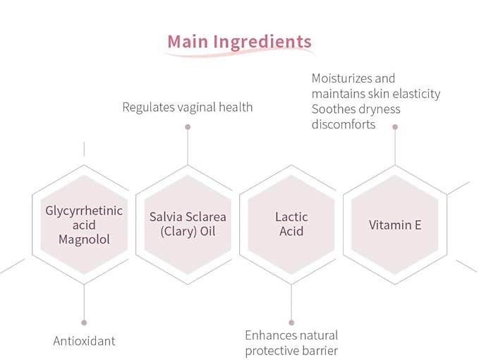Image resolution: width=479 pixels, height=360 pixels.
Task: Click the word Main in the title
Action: click(188, 41)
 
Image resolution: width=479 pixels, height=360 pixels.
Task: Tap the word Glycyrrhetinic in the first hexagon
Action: click(84, 211)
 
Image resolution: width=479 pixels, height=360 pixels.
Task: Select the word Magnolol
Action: click(84, 239)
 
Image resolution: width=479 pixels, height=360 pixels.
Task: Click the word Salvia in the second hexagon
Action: click(166, 217)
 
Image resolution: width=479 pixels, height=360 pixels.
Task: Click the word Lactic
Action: click(291, 217)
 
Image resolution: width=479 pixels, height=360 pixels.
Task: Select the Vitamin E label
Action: click(395, 225)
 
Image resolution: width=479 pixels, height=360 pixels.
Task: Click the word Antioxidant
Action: click(85, 341)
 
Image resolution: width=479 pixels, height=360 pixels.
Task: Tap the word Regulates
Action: click(148, 107)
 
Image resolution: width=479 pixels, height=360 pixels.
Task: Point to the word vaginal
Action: click(197, 107)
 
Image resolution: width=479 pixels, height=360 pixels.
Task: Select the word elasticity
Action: click(416, 94)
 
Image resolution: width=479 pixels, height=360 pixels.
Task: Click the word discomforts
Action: click(344, 124)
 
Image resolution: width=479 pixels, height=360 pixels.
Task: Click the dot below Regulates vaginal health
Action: click(188, 127)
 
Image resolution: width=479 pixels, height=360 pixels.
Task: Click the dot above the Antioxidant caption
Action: click(85, 323)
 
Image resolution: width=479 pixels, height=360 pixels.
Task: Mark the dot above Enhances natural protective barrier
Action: click(291, 323)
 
